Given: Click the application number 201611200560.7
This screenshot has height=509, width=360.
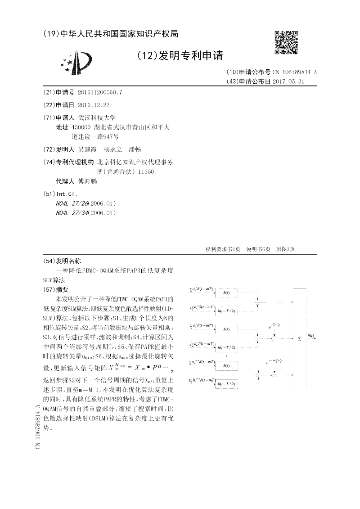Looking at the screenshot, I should [x=100, y=92].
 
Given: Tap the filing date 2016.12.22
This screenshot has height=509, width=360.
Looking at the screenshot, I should [x=94, y=105].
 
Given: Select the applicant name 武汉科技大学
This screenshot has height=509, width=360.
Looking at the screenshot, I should [x=97, y=117].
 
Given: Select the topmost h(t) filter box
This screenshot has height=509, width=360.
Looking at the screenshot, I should [x=226, y=293].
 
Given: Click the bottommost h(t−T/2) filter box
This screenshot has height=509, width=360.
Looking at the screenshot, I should [x=226, y=384].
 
